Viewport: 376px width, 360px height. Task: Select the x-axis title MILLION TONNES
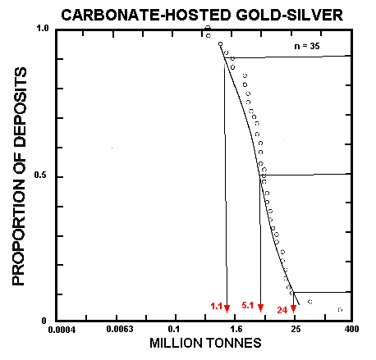204,343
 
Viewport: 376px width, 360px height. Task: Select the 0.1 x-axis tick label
175,330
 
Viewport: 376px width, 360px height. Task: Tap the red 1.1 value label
217,307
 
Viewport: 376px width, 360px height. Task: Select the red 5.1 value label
248,306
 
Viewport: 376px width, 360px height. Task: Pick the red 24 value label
281,310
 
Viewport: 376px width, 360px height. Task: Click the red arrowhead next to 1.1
227,308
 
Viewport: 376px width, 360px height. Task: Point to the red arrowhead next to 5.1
260,308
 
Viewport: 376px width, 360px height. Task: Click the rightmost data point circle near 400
340,310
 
